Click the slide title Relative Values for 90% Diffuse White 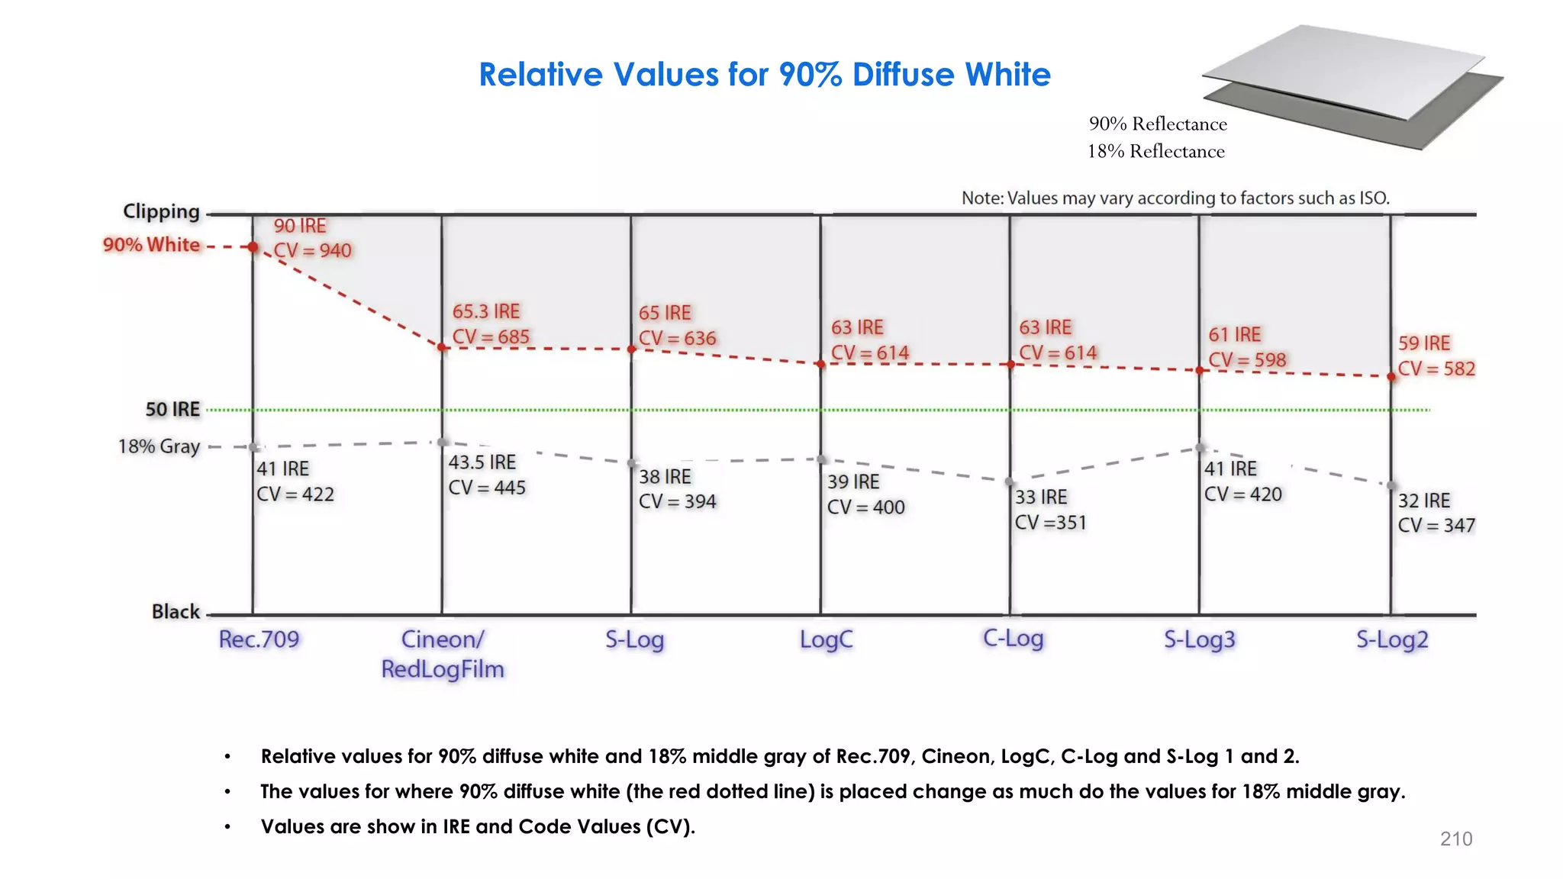764,75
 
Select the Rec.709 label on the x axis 259,639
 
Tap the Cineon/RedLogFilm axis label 443,654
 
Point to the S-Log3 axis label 1199,639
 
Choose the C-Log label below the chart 1013,638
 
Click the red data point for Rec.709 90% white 253,246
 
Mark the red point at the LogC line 820,364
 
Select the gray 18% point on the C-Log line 1009,481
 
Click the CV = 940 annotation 312,250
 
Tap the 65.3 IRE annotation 485,311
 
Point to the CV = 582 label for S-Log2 1436,369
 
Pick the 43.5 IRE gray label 482,462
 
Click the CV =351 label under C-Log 1050,523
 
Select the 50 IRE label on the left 172,410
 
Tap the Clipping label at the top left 161,211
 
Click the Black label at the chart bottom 176,612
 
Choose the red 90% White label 151,245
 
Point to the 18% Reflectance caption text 1155,151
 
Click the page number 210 1455,839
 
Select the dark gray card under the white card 1435,114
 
